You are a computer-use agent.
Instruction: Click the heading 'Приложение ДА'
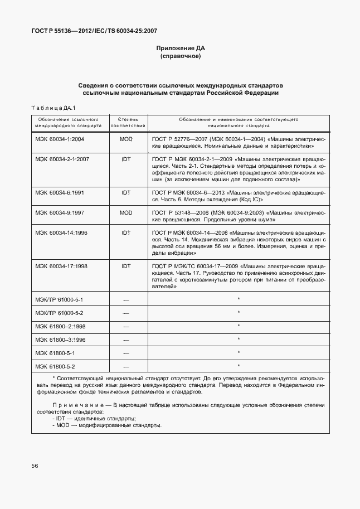coord(180,49)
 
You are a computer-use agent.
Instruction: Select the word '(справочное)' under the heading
coord(180,57)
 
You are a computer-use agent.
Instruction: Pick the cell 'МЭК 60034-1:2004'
coord(60,138)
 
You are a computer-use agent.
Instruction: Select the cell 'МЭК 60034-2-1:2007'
coord(62,159)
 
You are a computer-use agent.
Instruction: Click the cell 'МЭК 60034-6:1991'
coord(60,192)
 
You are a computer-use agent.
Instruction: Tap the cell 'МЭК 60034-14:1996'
coord(61,232)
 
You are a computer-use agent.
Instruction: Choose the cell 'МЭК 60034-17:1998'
coord(61,266)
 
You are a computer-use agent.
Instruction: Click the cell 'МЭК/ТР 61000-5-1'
coord(59,300)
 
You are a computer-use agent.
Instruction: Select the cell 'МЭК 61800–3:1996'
coord(60,340)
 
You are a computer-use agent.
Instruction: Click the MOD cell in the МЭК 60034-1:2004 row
coord(126,138)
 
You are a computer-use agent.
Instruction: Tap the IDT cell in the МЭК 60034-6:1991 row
coord(126,192)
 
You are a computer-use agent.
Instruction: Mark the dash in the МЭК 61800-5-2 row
coord(126,366)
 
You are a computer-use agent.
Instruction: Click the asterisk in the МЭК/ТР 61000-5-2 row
coord(239,313)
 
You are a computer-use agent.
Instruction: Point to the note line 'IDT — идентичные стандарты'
coord(94,418)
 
